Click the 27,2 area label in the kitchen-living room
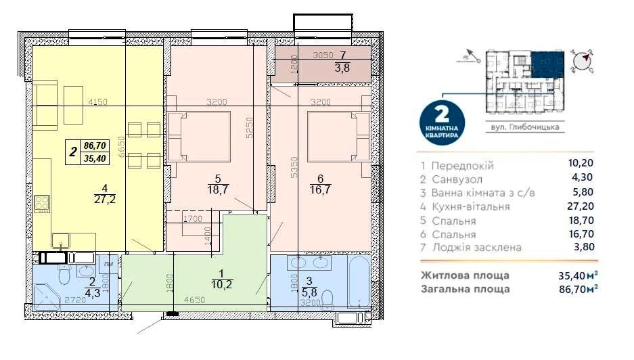pyautogui.click(x=104, y=198)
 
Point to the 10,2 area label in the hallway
pyautogui.click(x=217, y=285)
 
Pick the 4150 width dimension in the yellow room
pyautogui.click(x=99, y=102)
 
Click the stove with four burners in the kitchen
pyautogui.click(x=42, y=203)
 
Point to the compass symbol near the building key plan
pyautogui.click(x=581, y=62)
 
